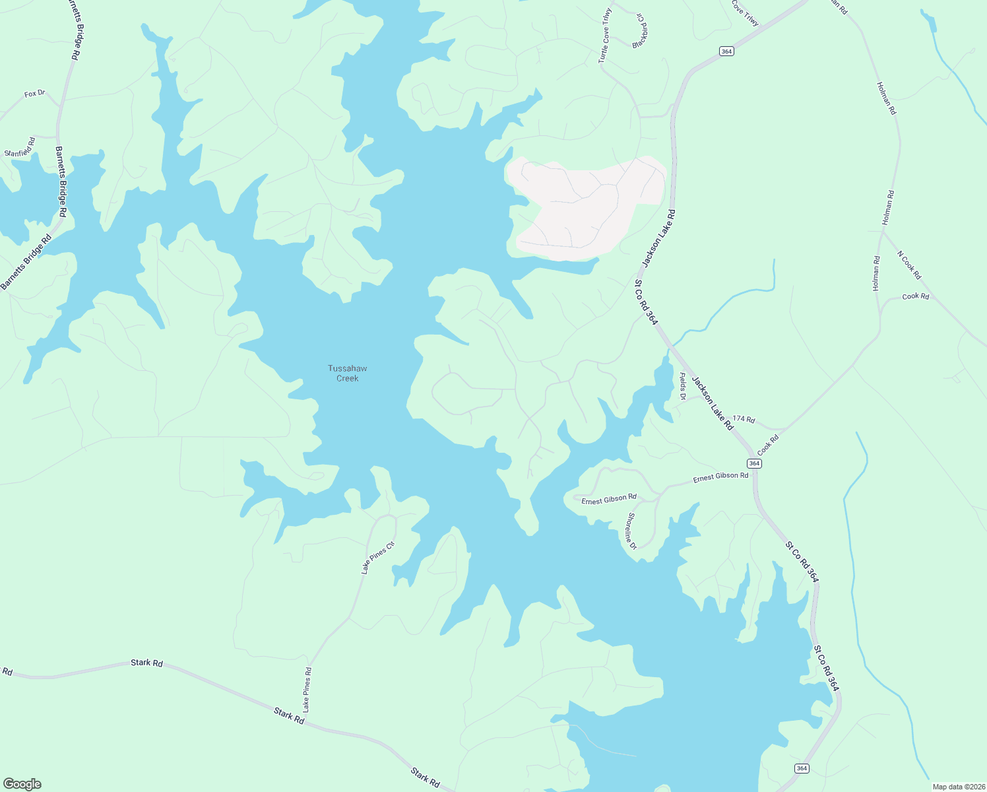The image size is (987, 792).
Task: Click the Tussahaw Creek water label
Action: coord(347,374)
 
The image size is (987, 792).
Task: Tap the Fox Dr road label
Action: coord(34,94)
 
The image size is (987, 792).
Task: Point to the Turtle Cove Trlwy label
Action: coord(605,36)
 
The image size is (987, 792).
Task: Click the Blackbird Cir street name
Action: coord(638,30)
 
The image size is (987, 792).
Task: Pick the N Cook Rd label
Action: coord(908,265)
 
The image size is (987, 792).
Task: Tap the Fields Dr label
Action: coord(683,386)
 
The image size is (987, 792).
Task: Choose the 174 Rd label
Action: coord(743,419)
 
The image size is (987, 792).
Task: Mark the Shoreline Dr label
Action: coord(631,531)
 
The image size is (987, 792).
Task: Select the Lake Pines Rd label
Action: coord(307,689)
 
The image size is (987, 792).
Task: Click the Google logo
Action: coord(22,784)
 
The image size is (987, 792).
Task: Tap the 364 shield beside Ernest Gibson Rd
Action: coord(755,463)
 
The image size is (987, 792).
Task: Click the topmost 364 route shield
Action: coord(726,51)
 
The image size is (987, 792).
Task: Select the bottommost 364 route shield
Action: coord(801,768)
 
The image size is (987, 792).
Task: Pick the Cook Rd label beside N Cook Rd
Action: coord(915,296)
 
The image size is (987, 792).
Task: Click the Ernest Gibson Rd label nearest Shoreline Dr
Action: coord(608,500)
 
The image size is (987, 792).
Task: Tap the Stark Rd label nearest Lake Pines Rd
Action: coord(289,715)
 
